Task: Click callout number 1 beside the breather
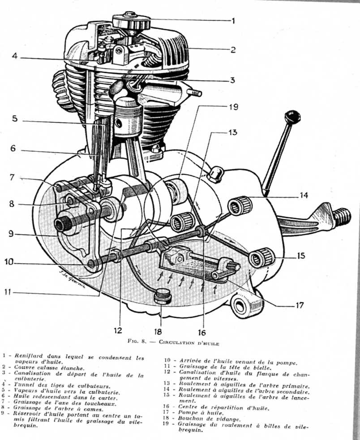[232, 20]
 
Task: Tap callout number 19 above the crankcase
[233, 108]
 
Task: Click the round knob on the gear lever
[292, 117]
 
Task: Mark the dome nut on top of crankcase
[214, 172]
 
